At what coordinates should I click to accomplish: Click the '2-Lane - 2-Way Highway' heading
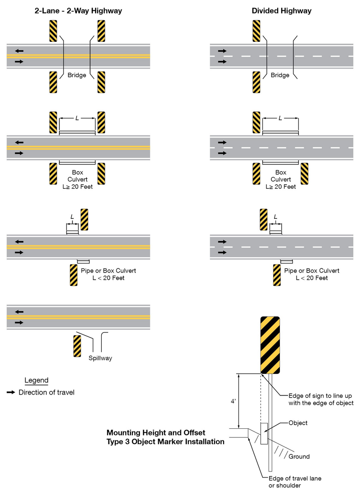[78, 11]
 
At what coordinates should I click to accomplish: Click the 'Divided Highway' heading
[281, 11]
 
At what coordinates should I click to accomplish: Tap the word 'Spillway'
[100, 358]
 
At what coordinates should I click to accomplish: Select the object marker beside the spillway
[76, 346]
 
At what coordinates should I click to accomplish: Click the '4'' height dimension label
[233, 401]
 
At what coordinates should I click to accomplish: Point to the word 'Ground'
[299, 456]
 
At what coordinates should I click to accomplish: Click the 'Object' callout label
[298, 423]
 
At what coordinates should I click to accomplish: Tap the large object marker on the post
[270, 345]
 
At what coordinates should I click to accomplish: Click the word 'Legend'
[36, 381]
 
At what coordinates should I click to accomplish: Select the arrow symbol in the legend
[11, 393]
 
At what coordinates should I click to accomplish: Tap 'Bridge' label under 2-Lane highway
[77, 75]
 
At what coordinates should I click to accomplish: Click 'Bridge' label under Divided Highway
[280, 75]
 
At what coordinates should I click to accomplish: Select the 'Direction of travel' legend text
[46, 393]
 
